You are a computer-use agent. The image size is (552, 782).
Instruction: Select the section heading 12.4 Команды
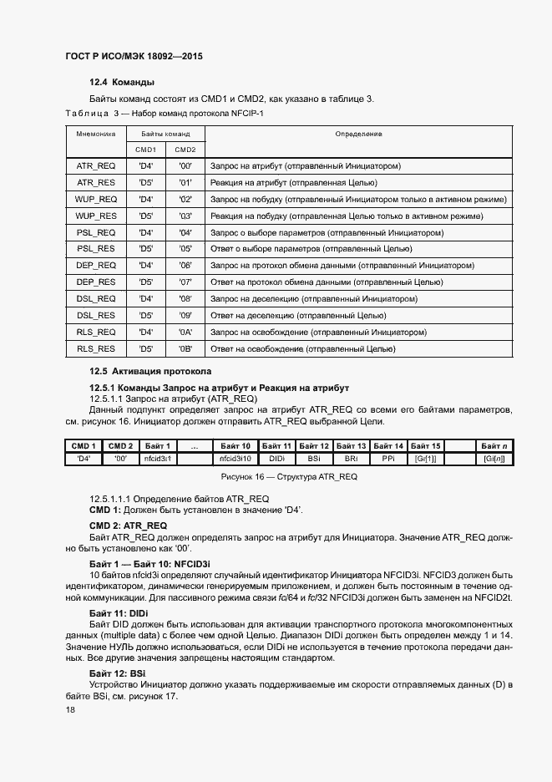[123, 82]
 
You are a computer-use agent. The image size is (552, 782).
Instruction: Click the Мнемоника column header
[95, 134]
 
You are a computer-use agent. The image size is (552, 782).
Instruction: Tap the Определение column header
[358, 134]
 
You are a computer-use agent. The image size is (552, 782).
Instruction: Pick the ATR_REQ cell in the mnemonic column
[95, 166]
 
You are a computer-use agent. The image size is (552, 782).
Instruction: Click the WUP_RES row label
[95, 216]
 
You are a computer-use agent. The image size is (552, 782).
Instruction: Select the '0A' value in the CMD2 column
[185, 332]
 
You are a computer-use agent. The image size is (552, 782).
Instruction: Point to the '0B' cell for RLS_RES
[185, 348]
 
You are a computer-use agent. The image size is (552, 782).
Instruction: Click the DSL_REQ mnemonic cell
[95, 298]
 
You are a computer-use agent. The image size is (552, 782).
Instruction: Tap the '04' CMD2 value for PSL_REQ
[185, 232]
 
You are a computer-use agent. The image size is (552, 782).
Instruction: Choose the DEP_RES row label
[95, 282]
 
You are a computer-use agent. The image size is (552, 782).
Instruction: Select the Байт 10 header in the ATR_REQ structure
[235, 446]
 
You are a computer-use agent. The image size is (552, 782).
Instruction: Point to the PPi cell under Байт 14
[387, 459]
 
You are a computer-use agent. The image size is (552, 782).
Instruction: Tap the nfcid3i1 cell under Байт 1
[157, 459]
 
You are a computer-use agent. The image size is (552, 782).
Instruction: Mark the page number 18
[69, 709]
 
